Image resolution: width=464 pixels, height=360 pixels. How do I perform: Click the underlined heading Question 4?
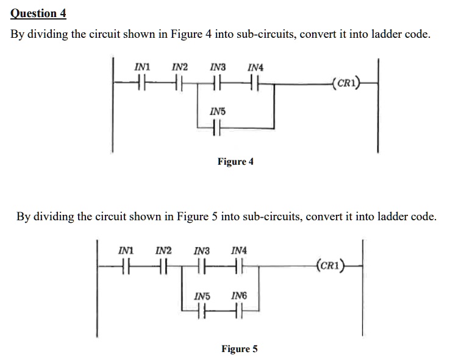tap(38, 13)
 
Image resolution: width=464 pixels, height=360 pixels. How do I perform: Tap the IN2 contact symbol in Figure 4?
tap(179, 81)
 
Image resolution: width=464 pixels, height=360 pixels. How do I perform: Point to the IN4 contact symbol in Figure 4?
tap(255, 81)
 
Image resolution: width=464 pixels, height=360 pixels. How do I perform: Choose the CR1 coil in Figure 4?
tap(346, 81)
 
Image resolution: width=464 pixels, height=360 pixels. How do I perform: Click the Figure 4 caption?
tap(235, 162)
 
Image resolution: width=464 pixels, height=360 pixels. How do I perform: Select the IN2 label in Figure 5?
tap(163, 251)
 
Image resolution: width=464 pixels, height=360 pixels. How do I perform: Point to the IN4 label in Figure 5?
tap(240, 251)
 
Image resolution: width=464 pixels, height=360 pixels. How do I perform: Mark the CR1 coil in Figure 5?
tap(330, 265)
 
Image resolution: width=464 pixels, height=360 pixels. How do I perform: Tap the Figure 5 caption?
tap(239, 349)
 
